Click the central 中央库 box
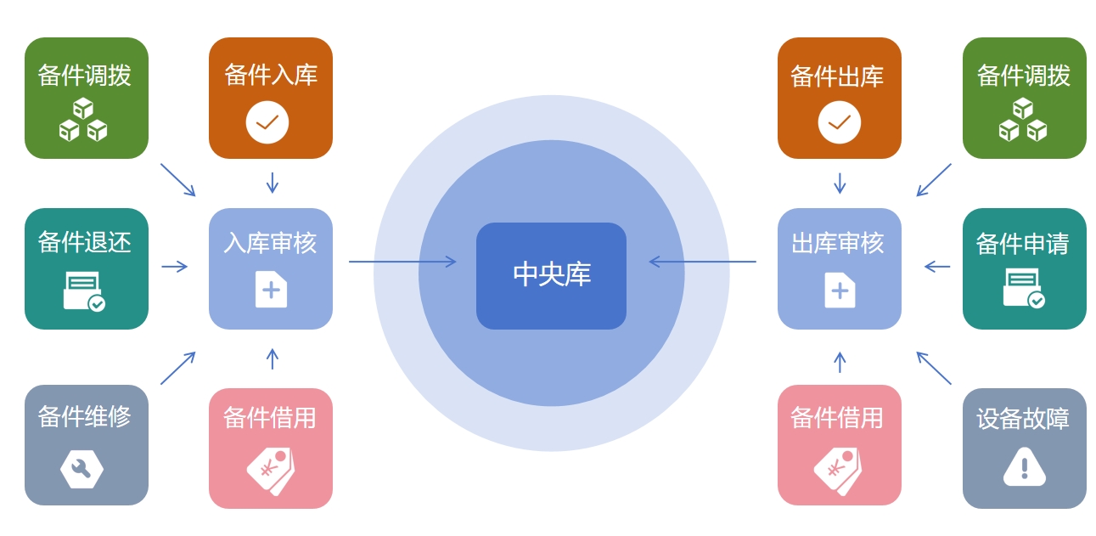coord(551,275)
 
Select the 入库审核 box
coord(270,268)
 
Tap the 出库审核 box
coord(839,268)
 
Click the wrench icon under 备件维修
coord(81,469)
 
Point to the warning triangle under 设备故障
coord(1024,467)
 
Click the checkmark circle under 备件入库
coord(267,122)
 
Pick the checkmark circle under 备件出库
coord(839,122)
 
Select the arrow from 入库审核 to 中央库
coord(402,262)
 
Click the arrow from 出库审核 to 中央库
coord(702,262)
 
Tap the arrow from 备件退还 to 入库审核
coord(174,267)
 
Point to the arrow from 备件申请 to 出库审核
coord(937,267)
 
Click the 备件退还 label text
coord(85,243)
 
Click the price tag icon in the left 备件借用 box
coord(271,470)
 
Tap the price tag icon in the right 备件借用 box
coord(838,470)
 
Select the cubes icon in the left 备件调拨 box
coord(83,120)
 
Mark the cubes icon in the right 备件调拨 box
coord(1023,120)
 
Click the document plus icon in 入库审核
coord(271,290)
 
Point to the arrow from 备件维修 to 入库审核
coord(178,368)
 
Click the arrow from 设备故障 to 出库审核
coord(934,368)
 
